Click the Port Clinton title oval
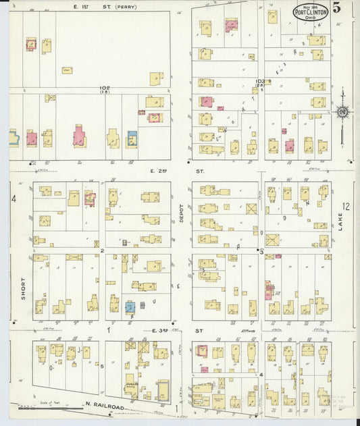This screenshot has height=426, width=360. point(311,12)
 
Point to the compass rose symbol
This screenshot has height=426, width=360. point(342,111)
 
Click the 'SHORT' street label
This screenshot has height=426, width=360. point(22,287)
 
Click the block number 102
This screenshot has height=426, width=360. point(104,88)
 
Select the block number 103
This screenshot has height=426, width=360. point(261,82)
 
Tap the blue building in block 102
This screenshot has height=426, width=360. point(132,138)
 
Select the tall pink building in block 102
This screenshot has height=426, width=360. point(79,137)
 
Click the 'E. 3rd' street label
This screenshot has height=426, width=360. point(159,330)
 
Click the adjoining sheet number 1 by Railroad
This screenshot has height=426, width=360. point(176,408)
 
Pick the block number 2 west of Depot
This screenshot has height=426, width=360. point(102,250)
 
